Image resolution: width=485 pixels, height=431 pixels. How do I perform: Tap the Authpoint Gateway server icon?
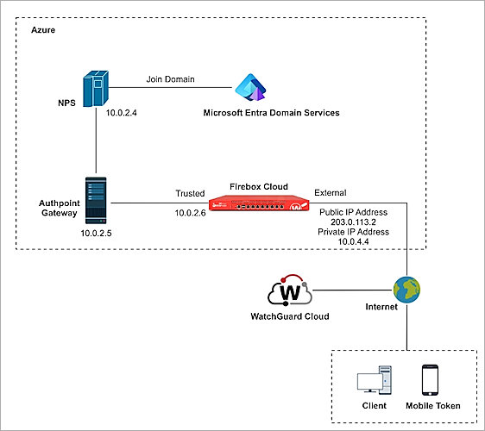pyautogui.click(x=95, y=202)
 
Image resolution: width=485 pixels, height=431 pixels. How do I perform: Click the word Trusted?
pyautogui.click(x=190, y=193)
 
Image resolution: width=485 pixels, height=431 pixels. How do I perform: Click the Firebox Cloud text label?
pyautogui.click(x=258, y=186)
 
